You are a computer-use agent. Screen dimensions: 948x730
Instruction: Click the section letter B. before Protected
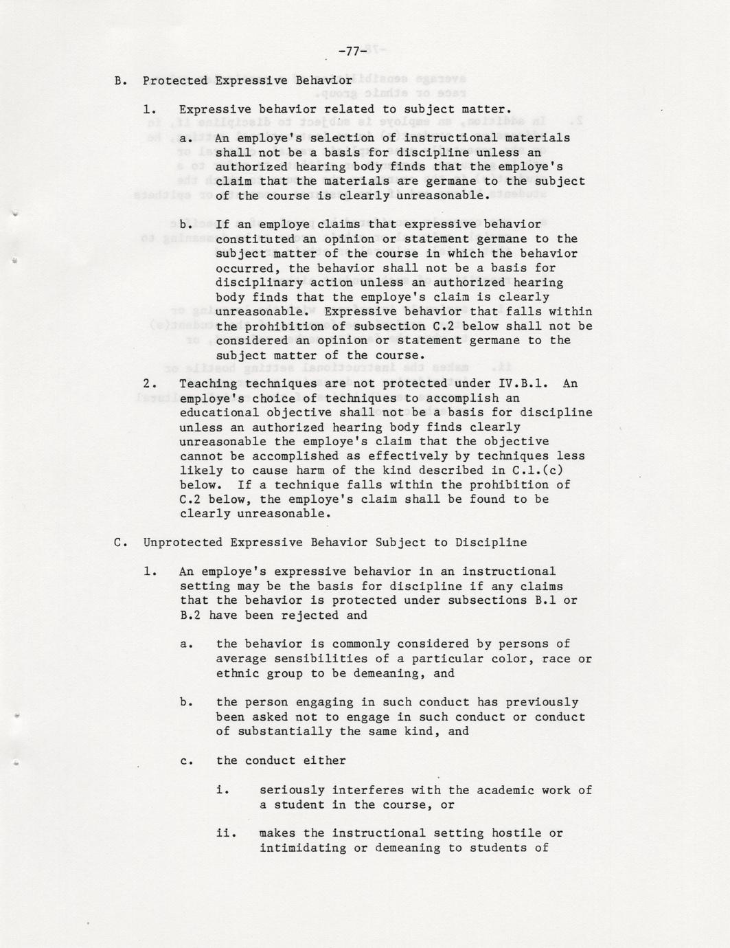[x=121, y=81]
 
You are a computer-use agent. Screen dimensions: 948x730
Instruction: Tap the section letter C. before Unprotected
[x=121, y=543]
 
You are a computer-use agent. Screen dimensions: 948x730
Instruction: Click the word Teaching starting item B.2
[x=208, y=383]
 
